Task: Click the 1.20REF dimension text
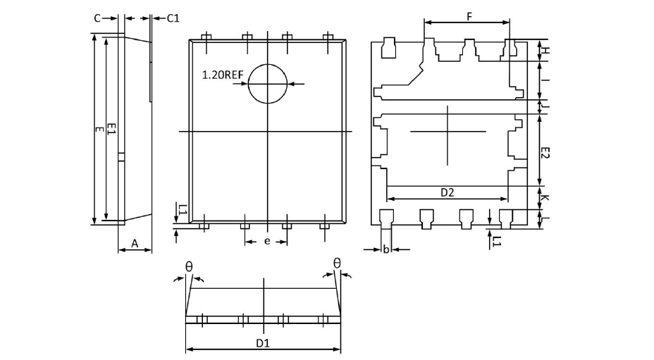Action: pyautogui.click(x=223, y=75)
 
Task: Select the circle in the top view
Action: pyautogui.click(x=268, y=64)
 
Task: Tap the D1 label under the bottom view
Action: pyautogui.click(x=263, y=343)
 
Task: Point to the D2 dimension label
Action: pyautogui.click(x=447, y=192)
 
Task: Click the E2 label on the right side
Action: pyautogui.click(x=545, y=153)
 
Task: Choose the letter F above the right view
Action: pyautogui.click(x=469, y=17)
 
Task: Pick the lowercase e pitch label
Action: pyautogui.click(x=267, y=241)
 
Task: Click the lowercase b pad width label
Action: pyautogui.click(x=386, y=249)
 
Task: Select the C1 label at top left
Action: pyautogui.click(x=173, y=18)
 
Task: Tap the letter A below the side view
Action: pyautogui.click(x=135, y=244)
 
